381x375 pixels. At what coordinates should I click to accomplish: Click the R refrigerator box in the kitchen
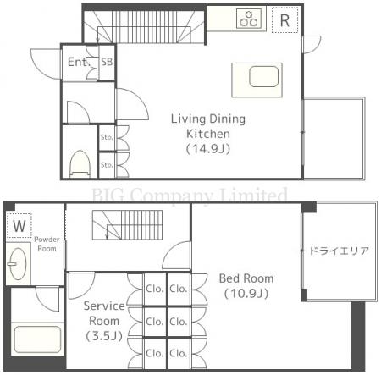284,19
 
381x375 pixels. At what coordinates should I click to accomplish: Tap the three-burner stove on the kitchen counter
251,19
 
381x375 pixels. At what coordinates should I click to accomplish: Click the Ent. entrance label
75,63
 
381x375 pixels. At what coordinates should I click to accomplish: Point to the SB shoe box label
107,63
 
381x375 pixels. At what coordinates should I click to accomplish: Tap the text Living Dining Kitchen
207,126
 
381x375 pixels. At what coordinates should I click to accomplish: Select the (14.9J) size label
207,148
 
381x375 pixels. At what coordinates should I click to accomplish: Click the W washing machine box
18,226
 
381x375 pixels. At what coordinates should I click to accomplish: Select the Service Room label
104,313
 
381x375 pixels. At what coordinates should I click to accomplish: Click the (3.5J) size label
104,336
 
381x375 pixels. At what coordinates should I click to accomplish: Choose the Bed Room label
244,279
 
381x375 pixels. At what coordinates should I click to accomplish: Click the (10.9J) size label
246,294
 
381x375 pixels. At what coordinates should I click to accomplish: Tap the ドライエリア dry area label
338,251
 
